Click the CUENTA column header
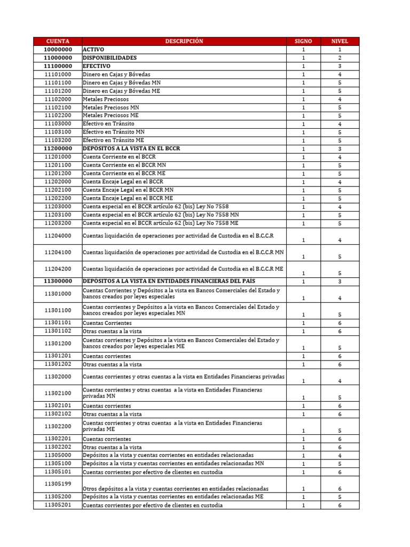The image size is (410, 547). point(58,41)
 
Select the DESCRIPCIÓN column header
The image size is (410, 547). point(184,41)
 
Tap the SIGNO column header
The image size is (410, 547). point(303,41)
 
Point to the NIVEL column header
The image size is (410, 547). point(340,41)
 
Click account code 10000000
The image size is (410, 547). point(58,50)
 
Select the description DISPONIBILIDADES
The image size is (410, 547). point(110,58)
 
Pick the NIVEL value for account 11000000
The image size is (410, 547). point(340,58)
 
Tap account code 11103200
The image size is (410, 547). point(58,140)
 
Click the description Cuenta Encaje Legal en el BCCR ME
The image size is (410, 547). point(128,198)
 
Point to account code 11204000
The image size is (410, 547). point(58,236)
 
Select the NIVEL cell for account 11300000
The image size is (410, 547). point(340,282)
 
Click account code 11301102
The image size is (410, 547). point(58,331)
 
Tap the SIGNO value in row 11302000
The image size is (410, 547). point(303,381)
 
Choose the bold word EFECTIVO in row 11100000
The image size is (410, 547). point(97,66)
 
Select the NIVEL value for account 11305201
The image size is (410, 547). point(340,505)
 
